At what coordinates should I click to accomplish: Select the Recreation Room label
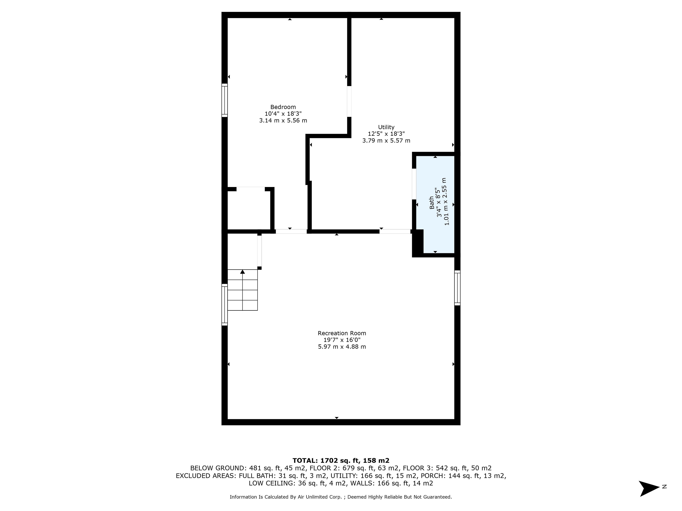pyautogui.click(x=342, y=333)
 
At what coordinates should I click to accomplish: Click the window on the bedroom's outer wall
pyautogui.click(x=224, y=100)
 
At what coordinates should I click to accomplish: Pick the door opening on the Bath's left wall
pyautogui.click(x=414, y=184)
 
